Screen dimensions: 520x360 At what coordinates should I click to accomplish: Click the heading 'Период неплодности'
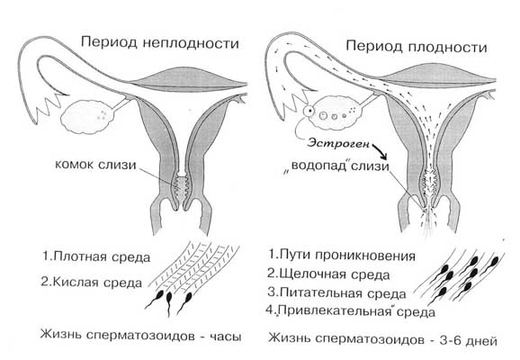pyautogui.click(x=160, y=43)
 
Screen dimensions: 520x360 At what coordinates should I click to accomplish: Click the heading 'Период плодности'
pyautogui.click(x=417, y=47)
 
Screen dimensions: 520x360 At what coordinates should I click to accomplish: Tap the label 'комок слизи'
pyautogui.click(x=95, y=165)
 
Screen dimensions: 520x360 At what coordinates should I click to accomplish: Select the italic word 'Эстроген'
pyautogui.click(x=338, y=143)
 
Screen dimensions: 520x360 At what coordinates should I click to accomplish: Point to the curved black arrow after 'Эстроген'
pyautogui.click(x=380, y=151)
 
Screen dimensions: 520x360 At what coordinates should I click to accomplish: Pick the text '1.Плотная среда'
pyautogui.click(x=96, y=256)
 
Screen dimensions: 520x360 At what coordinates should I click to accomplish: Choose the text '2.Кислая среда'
pyautogui.click(x=91, y=282)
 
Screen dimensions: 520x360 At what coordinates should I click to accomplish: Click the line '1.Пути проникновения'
pyautogui.click(x=342, y=256)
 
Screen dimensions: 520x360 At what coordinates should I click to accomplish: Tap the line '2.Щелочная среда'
pyautogui.click(x=328, y=274)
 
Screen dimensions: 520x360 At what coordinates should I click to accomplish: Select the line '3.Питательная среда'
pyautogui.click(x=336, y=293)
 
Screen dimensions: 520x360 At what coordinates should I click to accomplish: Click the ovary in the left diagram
pyautogui.click(x=88, y=116)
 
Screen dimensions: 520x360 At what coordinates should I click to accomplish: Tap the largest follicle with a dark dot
pyautogui.click(x=309, y=111)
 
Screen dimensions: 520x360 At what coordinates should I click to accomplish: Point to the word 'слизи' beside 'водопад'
pyautogui.click(x=370, y=166)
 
